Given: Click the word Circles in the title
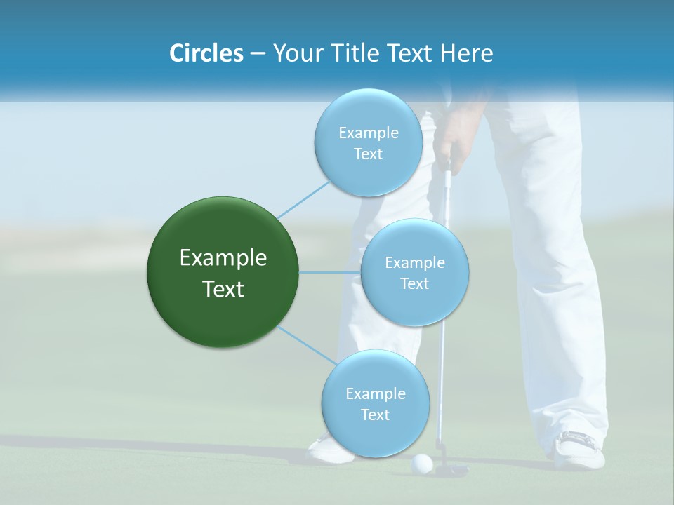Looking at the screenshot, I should click(206, 53).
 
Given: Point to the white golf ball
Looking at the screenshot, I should click(422, 463).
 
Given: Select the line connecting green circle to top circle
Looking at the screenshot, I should click(303, 198).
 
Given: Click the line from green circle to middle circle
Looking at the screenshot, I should click(330, 271).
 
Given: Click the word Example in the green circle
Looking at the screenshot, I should click(223, 258).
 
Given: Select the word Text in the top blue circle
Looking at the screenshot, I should click(368, 154).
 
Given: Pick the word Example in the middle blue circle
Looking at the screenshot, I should click(414, 263).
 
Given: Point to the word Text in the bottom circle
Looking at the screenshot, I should click(375, 415).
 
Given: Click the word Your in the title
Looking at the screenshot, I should click(295, 53).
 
